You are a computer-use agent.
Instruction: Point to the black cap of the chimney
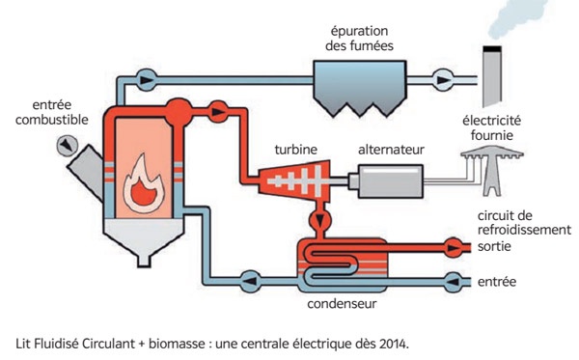[495, 49]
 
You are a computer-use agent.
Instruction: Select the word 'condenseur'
[342, 305]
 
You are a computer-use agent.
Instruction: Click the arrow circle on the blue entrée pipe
[449, 282]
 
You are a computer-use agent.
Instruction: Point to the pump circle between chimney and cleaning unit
[444, 75]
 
